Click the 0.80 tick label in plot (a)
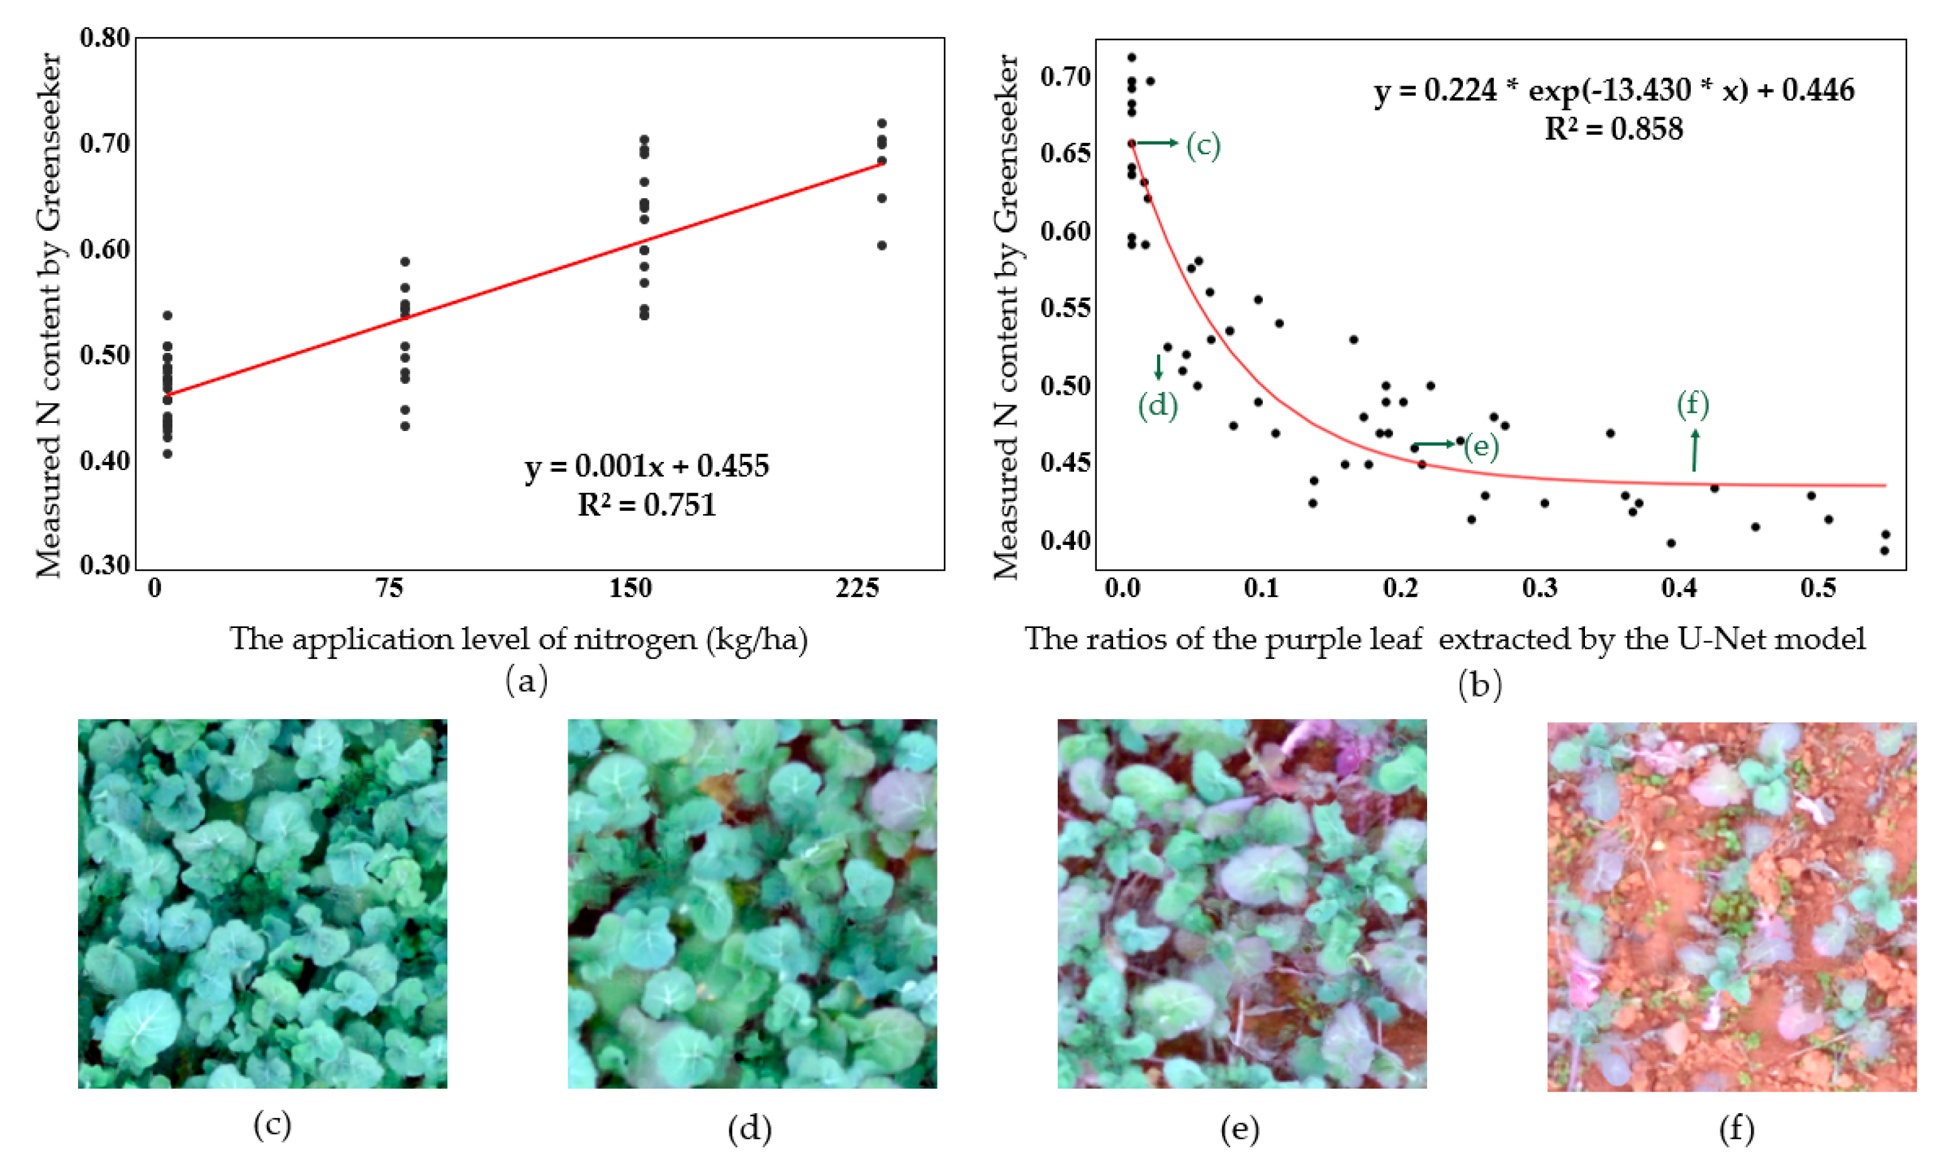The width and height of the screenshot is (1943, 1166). point(104,38)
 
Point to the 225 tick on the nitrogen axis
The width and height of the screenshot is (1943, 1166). point(856,588)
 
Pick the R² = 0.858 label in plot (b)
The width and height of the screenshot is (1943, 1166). point(1614,129)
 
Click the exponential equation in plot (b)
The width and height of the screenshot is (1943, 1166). point(1614,91)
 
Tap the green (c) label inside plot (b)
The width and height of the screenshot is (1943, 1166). point(1203,145)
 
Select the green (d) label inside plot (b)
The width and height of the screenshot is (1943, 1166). point(1157,405)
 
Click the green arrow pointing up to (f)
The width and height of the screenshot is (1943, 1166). point(1694,450)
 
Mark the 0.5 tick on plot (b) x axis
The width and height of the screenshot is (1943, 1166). point(1817,588)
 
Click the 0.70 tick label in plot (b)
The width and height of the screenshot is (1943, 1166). point(1065,77)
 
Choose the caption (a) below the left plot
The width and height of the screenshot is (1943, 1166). point(525,680)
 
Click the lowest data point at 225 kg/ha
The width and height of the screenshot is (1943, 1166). point(882,245)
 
